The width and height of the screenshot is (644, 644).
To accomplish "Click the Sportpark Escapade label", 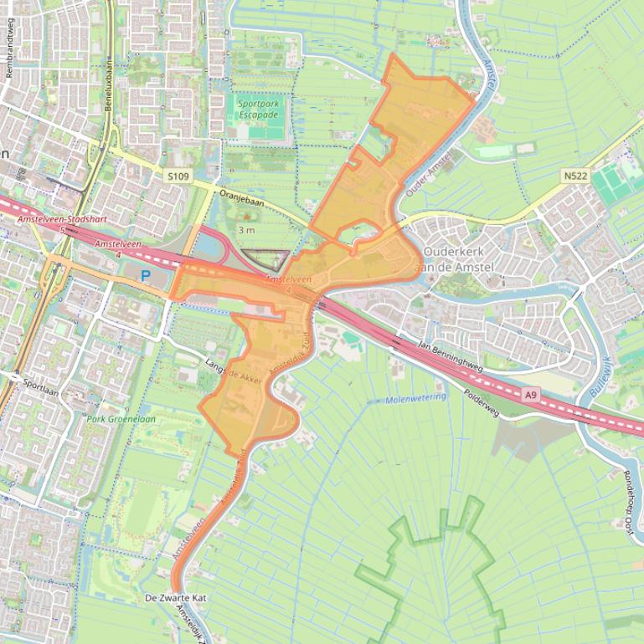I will pyautogui.click(x=258, y=109).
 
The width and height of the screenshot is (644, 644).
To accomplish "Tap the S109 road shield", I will pyautogui.click(x=178, y=176).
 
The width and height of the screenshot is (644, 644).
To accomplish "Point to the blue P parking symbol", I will pyautogui.click(x=145, y=275).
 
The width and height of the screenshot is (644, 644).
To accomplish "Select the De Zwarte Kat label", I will pyautogui.click(x=174, y=599).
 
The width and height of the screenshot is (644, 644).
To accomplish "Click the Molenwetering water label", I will pyautogui.click(x=416, y=400).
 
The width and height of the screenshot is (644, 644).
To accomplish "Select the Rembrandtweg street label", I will pyautogui.click(x=10, y=59).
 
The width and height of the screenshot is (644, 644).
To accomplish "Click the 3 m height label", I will pyautogui.click(x=246, y=229).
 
